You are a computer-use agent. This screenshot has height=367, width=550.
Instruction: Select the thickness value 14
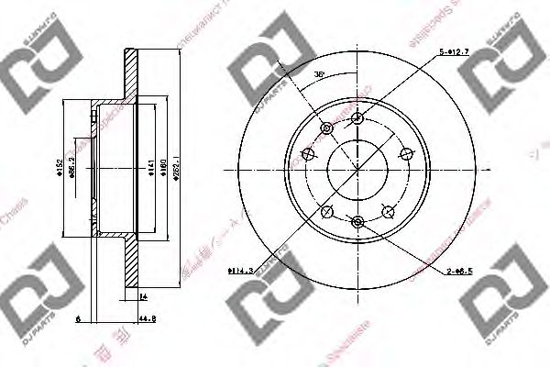click(x=144, y=296)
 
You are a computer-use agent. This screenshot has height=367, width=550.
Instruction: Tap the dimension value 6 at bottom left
click(x=79, y=318)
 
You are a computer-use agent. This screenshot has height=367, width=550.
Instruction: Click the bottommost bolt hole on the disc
click(x=358, y=220)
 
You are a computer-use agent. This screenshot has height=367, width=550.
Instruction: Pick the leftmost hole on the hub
click(x=309, y=153)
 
